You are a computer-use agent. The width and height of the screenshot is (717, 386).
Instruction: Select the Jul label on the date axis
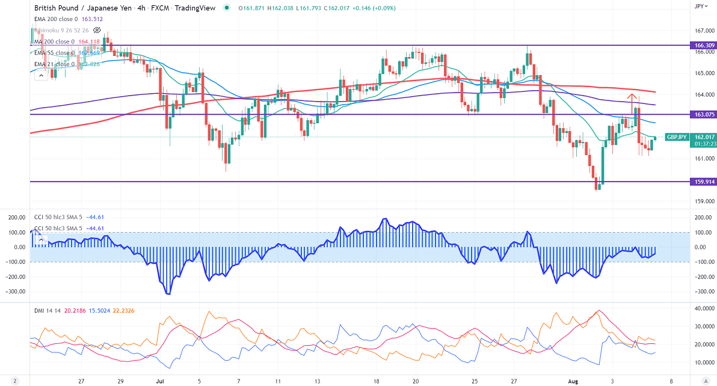[160, 381]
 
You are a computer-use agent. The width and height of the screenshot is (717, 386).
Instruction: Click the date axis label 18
[375, 381]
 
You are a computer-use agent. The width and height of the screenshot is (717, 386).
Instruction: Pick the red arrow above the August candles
[632, 97]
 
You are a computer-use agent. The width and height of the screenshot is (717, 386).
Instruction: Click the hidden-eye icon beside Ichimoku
[97, 29]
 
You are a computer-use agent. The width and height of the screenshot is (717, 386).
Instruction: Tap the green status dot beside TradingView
[226, 8]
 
